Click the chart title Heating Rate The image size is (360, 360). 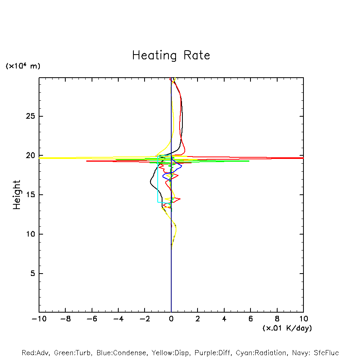[x=171, y=55]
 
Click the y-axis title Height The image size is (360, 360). [x=17, y=195]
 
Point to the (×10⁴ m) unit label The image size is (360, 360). [x=23, y=66]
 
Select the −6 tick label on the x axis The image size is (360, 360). [x=91, y=319]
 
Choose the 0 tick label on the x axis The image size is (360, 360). [x=171, y=319]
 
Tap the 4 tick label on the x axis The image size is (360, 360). [x=224, y=319]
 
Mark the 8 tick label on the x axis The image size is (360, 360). [x=277, y=319]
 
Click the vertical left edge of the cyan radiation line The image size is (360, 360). [x=158, y=179]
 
